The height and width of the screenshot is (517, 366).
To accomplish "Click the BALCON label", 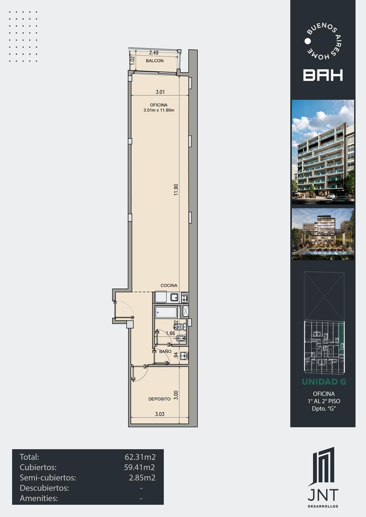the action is point(155,61).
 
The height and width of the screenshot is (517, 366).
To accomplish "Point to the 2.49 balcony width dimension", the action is point(154,53).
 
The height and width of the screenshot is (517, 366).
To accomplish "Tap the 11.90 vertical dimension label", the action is point(176,190).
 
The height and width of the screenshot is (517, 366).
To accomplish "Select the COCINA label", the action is point(169,286).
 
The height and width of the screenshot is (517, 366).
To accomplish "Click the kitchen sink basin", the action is point(174,297).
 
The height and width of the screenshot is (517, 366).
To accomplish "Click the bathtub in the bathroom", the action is point(166,312).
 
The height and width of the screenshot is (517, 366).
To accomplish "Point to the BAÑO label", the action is point(165,352).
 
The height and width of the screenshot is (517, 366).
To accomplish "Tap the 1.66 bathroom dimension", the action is point(170,333).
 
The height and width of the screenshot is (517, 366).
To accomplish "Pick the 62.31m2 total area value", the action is point(140,457).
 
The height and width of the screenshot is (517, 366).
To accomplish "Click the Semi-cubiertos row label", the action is point(48,477).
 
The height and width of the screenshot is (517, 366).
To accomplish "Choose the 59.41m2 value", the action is point(139,467).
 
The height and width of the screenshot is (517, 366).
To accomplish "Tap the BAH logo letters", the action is point(323,75).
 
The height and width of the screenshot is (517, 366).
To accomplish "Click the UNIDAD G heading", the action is point(324,382).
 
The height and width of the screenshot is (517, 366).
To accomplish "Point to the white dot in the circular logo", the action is point(307,41).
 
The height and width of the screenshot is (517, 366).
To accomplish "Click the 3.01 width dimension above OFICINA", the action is point(160,92).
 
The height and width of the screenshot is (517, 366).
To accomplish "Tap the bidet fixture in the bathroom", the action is point(180,339).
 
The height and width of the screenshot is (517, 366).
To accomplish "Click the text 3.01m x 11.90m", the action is point(159,110).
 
